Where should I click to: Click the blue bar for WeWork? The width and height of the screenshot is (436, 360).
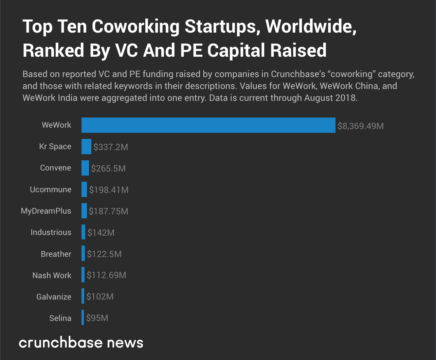coord(208,125)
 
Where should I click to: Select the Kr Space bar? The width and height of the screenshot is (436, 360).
coord(86,146)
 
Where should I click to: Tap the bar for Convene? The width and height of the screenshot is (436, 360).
coord(85,168)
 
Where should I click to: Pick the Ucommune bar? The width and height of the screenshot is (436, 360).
coord(84,190)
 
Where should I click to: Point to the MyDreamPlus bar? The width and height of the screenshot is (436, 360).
coord(84,211)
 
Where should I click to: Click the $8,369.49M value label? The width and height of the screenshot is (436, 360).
coord(361,126)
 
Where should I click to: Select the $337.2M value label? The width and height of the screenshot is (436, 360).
coord(111,147)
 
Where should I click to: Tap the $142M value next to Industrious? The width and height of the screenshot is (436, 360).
coord(101,233)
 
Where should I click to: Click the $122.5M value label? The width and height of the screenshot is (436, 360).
coord(104,254)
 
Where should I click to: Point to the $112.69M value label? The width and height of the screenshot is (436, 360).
coord(106,275)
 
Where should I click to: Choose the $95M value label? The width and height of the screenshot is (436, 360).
coord(97,318)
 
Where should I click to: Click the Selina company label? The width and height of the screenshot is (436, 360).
coord(60,318)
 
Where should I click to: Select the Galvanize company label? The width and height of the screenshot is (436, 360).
coord(54,297)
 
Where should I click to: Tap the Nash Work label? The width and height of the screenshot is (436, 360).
coord(52,275)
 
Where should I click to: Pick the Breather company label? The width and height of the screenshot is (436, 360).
coord(56,254)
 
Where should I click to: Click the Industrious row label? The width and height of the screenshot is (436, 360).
coord(51,233)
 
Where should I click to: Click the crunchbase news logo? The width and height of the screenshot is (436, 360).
coord(81,342)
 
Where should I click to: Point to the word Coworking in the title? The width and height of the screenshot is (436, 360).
coord(135,27)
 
